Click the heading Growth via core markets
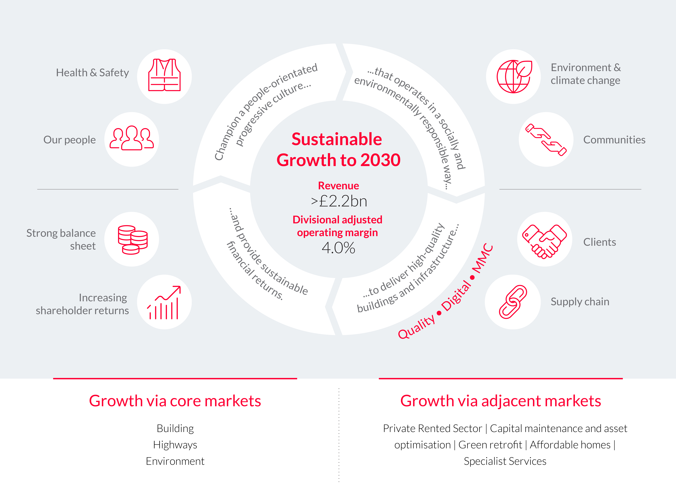coord(175,401)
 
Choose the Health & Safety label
coord(93,73)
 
